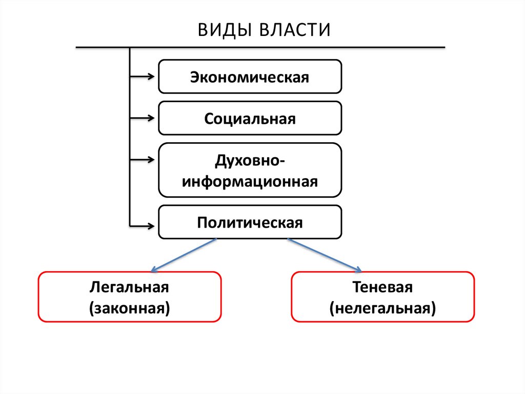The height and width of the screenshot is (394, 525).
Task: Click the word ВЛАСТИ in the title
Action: point(294,29)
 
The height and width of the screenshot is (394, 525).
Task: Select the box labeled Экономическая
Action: point(250,77)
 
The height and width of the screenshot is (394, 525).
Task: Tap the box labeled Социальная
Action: point(250,118)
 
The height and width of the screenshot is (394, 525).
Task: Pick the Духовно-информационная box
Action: point(250,170)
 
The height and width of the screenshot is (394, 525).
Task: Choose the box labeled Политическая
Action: point(250,222)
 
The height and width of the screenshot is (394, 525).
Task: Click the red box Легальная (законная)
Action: point(129,297)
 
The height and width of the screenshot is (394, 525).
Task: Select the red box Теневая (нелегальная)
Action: point(382,297)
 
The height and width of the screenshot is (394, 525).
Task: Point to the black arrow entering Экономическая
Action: point(142,77)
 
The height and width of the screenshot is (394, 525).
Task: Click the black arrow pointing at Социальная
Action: point(142,119)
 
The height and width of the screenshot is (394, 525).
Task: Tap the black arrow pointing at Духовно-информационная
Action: point(142,160)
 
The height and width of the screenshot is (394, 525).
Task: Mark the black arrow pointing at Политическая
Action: point(142,225)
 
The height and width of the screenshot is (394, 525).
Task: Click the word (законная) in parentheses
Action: point(129,308)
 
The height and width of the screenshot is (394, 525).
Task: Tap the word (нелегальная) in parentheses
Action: point(382,308)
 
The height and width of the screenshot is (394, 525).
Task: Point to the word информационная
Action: point(250,181)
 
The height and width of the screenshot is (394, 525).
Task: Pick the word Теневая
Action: point(382,287)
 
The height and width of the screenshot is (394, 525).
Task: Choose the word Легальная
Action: point(129,287)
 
